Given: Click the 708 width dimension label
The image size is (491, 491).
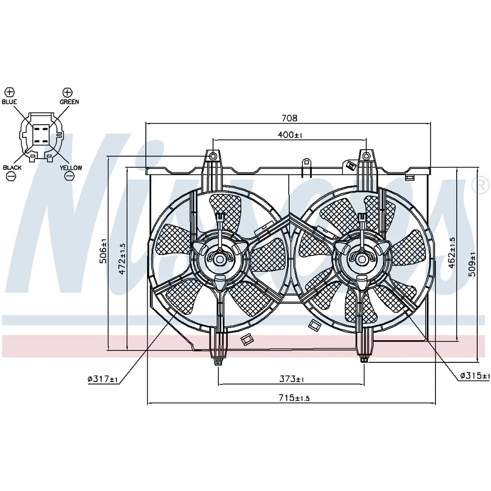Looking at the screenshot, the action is (289, 118).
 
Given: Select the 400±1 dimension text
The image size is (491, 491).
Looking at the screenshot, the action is (290, 135).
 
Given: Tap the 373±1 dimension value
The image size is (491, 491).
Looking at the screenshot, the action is (292, 379).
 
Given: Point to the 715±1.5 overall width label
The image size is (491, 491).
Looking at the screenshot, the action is (294, 398).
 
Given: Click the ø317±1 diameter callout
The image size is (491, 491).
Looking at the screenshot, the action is (103, 379).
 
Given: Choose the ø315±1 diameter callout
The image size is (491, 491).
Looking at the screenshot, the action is (475, 375).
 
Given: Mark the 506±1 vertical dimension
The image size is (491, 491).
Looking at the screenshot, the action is (103, 251).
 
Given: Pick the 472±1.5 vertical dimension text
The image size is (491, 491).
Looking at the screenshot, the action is (122, 259).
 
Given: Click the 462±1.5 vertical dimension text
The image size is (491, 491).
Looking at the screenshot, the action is (452, 253).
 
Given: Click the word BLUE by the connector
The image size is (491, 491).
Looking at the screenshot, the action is (9, 102).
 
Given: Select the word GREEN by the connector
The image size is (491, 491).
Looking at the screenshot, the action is (69, 102).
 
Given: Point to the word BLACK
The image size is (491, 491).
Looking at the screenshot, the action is (12, 167).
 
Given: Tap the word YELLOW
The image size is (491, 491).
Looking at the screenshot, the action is (71, 167).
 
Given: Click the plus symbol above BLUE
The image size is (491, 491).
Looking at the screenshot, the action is (10, 92).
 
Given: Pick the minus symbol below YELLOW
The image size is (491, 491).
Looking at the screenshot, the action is (69, 176).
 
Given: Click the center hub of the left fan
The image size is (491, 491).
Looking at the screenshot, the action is (219, 259).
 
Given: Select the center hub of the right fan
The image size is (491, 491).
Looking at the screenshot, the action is (362, 259).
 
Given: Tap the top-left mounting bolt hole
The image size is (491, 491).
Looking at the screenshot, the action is (213, 155).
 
